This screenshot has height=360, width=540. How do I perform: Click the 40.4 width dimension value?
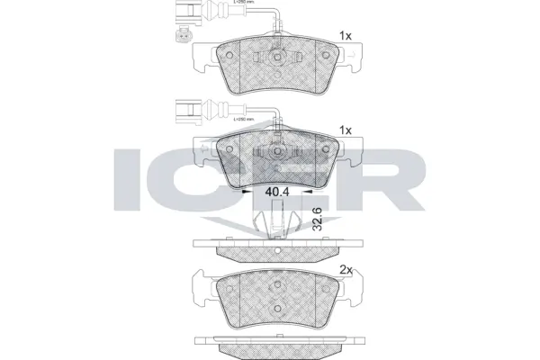click(x=276, y=190)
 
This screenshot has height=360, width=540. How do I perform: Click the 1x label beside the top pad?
click(x=345, y=36)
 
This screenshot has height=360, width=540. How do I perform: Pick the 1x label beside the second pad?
click(x=345, y=130)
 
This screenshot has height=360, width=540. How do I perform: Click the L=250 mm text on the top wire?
click(x=244, y=4)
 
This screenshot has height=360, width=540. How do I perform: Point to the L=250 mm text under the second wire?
click(x=244, y=119)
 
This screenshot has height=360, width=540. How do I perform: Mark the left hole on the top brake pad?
click(x=229, y=54)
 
